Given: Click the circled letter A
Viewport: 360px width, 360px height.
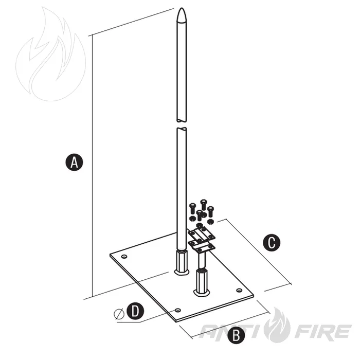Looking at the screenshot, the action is [x=74, y=163].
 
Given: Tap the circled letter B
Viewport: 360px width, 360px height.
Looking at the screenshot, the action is [x=236, y=335].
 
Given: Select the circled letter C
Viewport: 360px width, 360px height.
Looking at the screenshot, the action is [x=272, y=242].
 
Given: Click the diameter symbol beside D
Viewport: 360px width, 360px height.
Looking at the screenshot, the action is [x=119, y=314].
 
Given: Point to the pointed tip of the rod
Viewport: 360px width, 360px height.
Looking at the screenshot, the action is [x=182, y=9].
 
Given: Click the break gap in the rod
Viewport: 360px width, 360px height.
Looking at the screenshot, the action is [x=182, y=124].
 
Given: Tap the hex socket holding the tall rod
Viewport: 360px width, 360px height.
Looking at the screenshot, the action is [x=182, y=262].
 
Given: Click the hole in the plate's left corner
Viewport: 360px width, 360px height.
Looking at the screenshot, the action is [x=124, y=257].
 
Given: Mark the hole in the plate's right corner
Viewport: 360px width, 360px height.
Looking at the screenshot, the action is [x=239, y=291].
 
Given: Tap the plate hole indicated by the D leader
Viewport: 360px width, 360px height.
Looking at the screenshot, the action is [x=178, y=310].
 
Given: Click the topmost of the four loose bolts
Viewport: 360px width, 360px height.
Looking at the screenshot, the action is [x=204, y=204].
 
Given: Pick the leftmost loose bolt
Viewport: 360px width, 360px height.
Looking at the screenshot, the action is [x=192, y=208].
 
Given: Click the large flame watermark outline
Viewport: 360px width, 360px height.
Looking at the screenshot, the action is [x=50, y=54].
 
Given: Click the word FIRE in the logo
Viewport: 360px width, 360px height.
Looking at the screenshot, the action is [x=322, y=332].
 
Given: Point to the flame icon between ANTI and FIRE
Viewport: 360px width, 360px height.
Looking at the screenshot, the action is [x=277, y=325].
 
